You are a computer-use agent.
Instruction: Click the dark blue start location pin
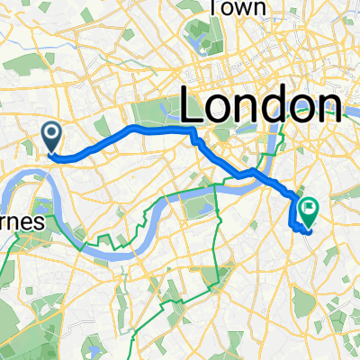click(52, 137)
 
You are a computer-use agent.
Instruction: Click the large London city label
click(260, 107)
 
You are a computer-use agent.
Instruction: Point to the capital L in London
click(194, 107)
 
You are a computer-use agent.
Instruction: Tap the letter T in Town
click(215, 7)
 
